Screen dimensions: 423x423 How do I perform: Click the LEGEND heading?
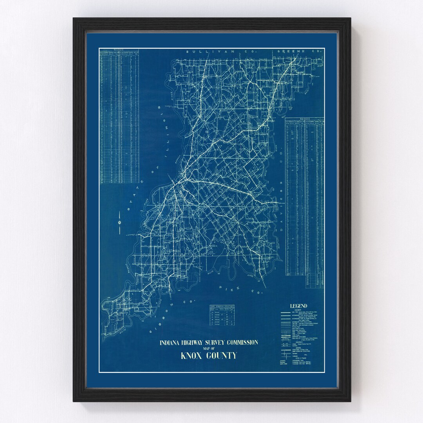[x=298, y=306]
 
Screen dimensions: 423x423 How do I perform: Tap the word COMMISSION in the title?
[x=247, y=343]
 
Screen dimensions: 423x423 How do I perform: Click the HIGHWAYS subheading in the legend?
[x=298, y=311]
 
